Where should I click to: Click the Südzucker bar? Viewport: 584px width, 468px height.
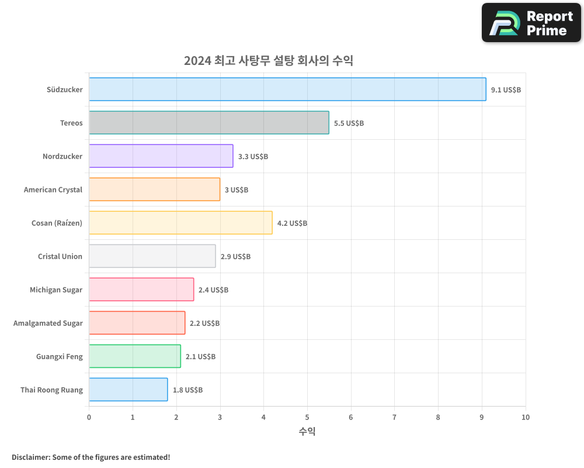[x=287, y=90]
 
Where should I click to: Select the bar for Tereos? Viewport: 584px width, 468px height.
[x=209, y=123]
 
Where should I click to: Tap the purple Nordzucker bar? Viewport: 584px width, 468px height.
[x=161, y=156]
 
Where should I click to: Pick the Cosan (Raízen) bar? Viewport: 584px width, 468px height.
[x=180, y=223]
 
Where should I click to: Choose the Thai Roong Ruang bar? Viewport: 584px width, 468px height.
[x=128, y=390]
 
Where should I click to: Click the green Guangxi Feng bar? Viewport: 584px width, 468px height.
[x=135, y=356]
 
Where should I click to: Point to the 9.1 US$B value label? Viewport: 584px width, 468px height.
[x=506, y=90]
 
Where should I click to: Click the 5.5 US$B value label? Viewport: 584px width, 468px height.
[x=349, y=123]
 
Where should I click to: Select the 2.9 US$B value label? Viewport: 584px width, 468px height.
[x=235, y=257]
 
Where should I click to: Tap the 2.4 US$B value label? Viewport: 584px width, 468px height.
[x=213, y=290]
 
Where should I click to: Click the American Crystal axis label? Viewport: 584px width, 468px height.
[x=53, y=190]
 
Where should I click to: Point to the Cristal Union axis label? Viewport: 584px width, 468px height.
[x=60, y=256]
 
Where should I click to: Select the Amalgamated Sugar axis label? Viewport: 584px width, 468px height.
[x=48, y=323]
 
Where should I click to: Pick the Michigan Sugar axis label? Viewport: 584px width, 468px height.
[x=56, y=290]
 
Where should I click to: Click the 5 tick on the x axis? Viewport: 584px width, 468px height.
[x=307, y=417]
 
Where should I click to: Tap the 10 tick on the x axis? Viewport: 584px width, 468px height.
[x=526, y=417]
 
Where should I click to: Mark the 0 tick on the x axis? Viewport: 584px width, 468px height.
[x=89, y=417]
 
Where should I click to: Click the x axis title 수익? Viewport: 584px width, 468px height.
[x=307, y=432]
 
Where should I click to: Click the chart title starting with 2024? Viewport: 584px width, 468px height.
[x=269, y=60]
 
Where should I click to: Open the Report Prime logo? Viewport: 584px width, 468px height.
[x=531, y=23]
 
